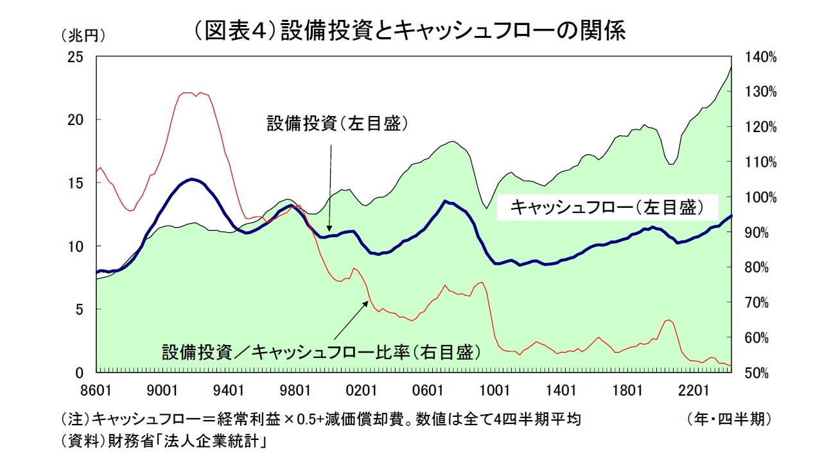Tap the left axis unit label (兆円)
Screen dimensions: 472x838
[82, 35]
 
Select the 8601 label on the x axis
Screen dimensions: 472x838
[96, 390]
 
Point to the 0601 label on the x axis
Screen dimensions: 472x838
[428, 390]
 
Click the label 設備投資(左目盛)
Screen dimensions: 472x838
[338, 124]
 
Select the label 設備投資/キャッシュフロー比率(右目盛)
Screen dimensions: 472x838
[320, 352]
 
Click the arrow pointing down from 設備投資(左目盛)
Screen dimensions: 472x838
[329, 186]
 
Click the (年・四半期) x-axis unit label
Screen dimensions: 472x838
[728, 420]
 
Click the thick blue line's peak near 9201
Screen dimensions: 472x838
[191, 179]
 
